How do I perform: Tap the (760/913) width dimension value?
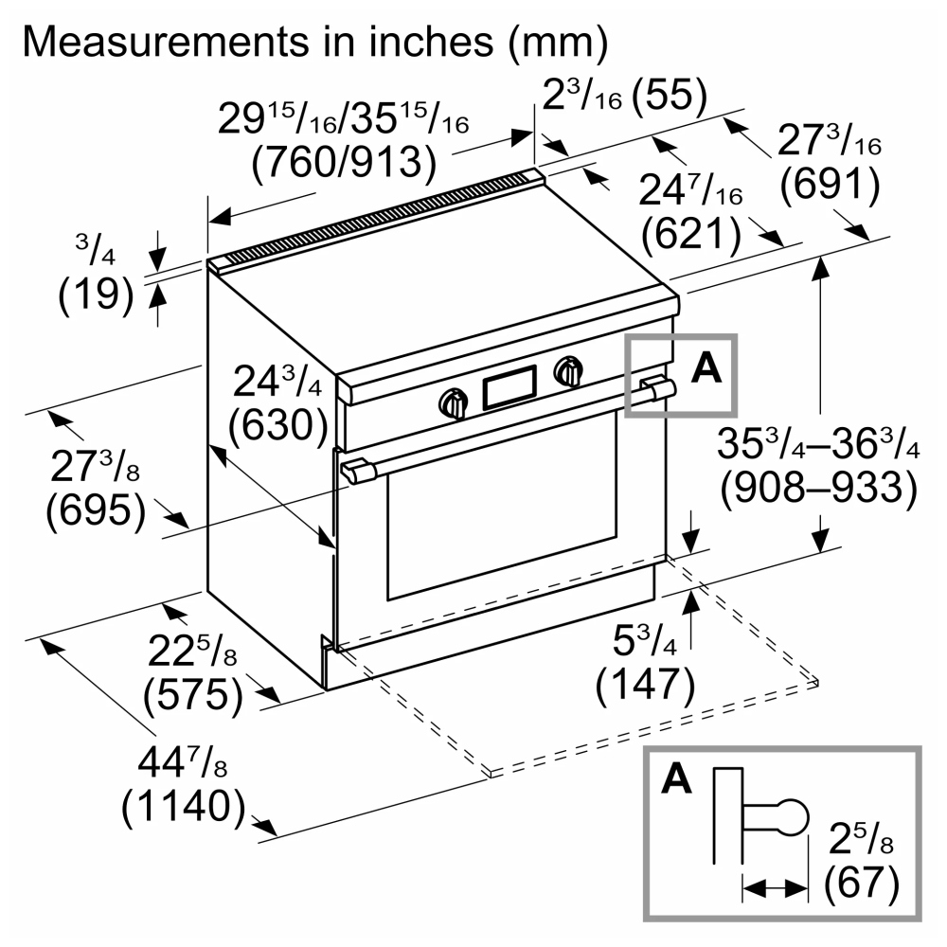tap(344, 162)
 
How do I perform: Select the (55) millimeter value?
tap(670, 96)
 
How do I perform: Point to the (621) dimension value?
tap(691, 233)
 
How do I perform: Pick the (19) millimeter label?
tap(96, 295)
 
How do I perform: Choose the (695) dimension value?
tap(96, 510)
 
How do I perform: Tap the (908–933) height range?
tap(818, 487)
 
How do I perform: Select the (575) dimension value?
tap(193, 694)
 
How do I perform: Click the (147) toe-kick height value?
tap(646, 685)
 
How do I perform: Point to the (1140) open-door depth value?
tap(184, 806)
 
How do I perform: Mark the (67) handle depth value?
tap(862, 883)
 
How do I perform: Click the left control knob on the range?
tap(454, 403)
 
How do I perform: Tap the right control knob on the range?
tap(568, 371)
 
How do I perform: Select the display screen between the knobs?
tap(509, 387)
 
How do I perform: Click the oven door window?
tap(502, 514)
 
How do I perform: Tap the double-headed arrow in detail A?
tap(775, 888)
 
